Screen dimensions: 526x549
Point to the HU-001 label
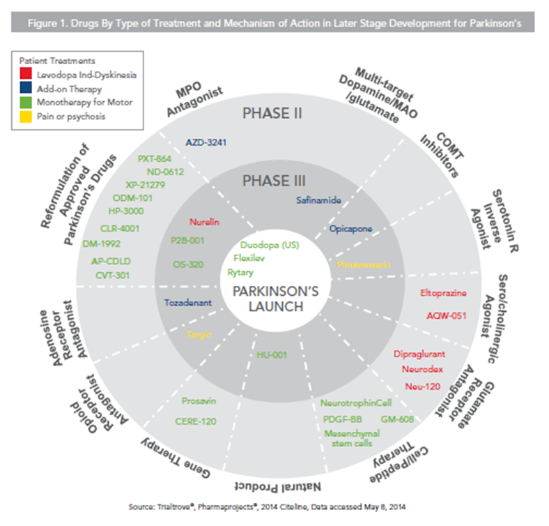point(267,356)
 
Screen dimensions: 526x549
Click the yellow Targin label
point(197,335)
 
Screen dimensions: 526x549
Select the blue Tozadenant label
point(185,303)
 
